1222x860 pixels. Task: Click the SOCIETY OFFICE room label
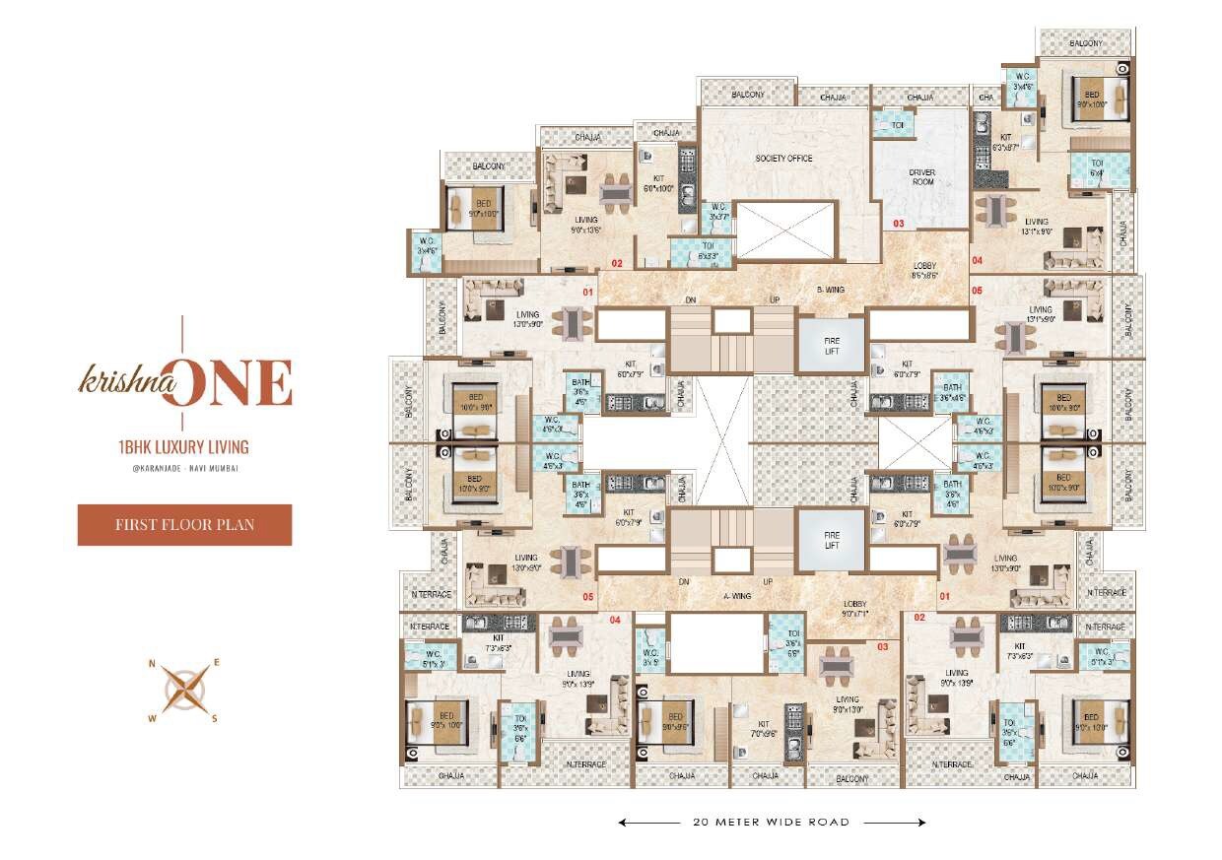(x=783, y=159)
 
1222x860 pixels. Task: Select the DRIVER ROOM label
(x=921, y=177)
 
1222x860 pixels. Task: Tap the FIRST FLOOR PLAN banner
(x=184, y=524)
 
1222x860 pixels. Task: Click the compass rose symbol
(x=184, y=690)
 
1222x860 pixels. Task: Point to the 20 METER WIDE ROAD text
(x=771, y=822)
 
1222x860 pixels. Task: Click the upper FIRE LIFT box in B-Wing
(x=831, y=345)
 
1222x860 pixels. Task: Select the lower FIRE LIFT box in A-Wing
(x=831, y=539)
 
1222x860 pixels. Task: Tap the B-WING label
(x=832, y=290)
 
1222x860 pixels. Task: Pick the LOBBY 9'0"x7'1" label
(x=853, y=608)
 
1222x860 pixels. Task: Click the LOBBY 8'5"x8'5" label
(x=923, y=271)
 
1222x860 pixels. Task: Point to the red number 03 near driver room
(x=898, y=224)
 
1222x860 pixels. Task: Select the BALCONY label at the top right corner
(x=1086, y=42)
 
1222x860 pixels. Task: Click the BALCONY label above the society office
(x=747, y=95)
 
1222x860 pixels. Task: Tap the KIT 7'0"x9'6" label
(x=763, y=728)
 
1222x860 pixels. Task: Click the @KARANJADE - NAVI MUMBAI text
(x=183, y=468)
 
